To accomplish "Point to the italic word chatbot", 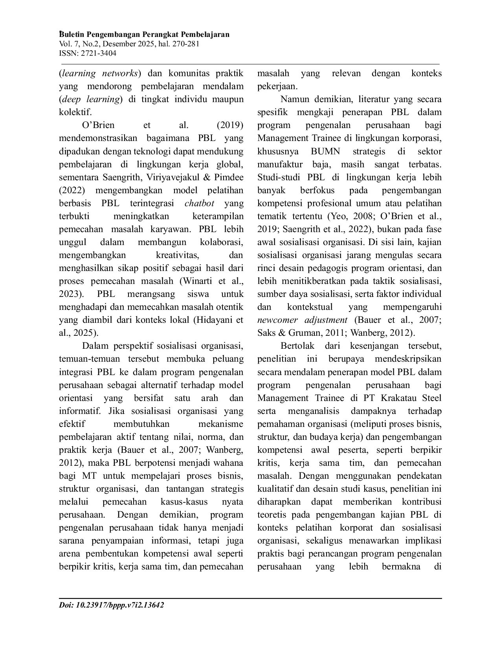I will click(x=200, y=203).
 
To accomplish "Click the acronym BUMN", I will click(x=325, y=152).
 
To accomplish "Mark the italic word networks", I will click(x=120, y=73).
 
